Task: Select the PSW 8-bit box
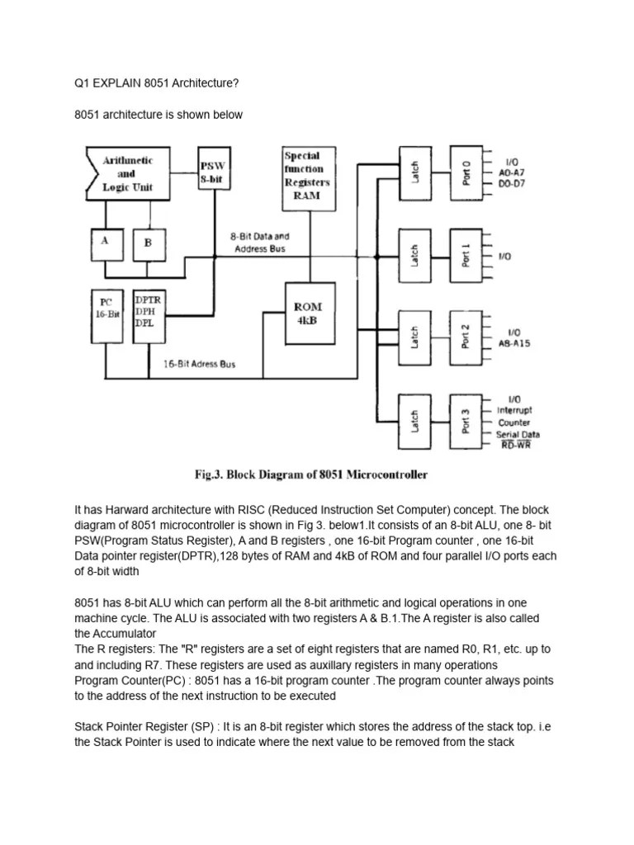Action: pos(213,172)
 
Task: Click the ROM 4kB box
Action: pos(308,314)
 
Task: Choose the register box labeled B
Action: pos(148,243)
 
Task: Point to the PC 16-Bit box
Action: pos(107,317)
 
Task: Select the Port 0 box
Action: pos(464,172)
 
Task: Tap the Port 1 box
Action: pos(464,255)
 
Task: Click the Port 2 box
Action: pos(464,337)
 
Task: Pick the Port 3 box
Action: pos(464,419)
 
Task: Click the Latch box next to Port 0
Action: pos(415,172)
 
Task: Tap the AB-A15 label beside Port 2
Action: pos(513,343)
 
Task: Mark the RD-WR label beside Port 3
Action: pos(515,445)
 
